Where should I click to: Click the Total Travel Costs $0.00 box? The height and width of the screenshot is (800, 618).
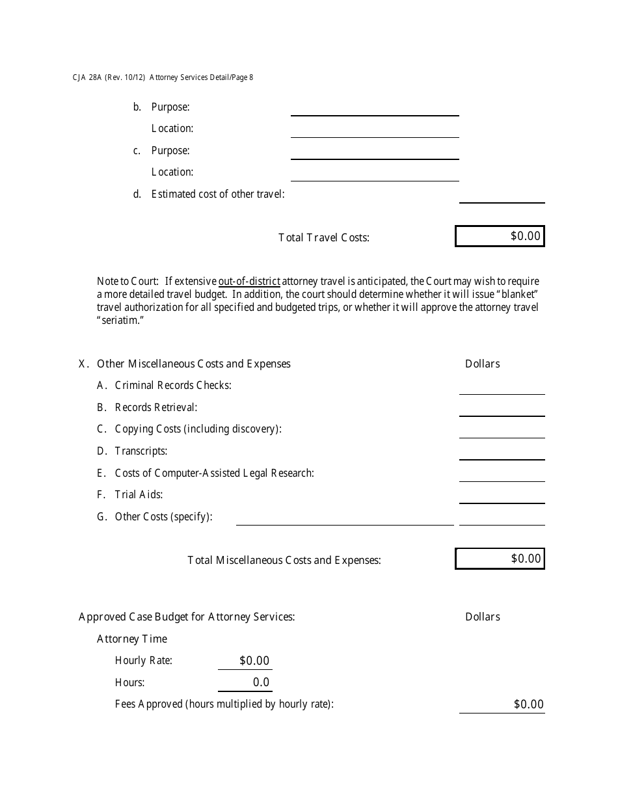(500, 236)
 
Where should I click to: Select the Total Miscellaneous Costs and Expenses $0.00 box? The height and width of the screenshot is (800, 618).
(500, 559)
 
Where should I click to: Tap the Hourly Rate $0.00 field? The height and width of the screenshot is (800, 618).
(245, 661)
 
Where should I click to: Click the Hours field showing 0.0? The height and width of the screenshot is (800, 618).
(245, 682)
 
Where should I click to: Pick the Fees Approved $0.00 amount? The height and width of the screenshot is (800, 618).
(502, 704)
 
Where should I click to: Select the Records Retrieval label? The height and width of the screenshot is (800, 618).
(155, 408)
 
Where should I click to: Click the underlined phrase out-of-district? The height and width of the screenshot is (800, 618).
(249, 282)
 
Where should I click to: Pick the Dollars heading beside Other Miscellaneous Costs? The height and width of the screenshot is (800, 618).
(482, 364)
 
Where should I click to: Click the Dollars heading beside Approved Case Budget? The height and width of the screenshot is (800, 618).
(482, 617)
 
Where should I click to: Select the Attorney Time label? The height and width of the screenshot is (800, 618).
(132, 639)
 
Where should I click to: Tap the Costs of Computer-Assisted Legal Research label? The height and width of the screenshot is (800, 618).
(214, 473)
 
